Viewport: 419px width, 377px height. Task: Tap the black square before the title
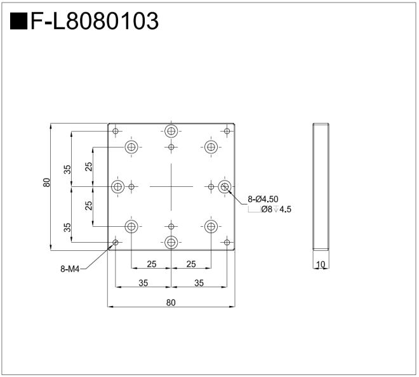click(x=18, y=22)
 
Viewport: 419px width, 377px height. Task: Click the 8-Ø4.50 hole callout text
click(x=263, y=199)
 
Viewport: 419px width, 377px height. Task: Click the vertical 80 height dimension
click(x=46, y=182)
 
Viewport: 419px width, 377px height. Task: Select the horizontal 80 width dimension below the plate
click(x=171, y=302)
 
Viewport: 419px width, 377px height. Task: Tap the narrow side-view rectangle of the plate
click(x=321, y=186)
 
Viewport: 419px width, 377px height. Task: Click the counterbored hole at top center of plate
click(x=171, y=131)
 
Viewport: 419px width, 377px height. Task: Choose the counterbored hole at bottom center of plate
click(x=171, y=242)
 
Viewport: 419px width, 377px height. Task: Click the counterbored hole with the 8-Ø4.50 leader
click(x=224, y=186)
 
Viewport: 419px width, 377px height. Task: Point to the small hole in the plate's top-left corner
click(x=116, y=131)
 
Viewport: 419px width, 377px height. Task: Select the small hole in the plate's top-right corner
click(x=227, y=131)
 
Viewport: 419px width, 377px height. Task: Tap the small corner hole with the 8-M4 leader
click(x=116, y=242)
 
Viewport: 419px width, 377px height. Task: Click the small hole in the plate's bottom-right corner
click(x=227, y=242)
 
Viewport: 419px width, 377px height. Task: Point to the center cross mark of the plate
click(x=171, y=186)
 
